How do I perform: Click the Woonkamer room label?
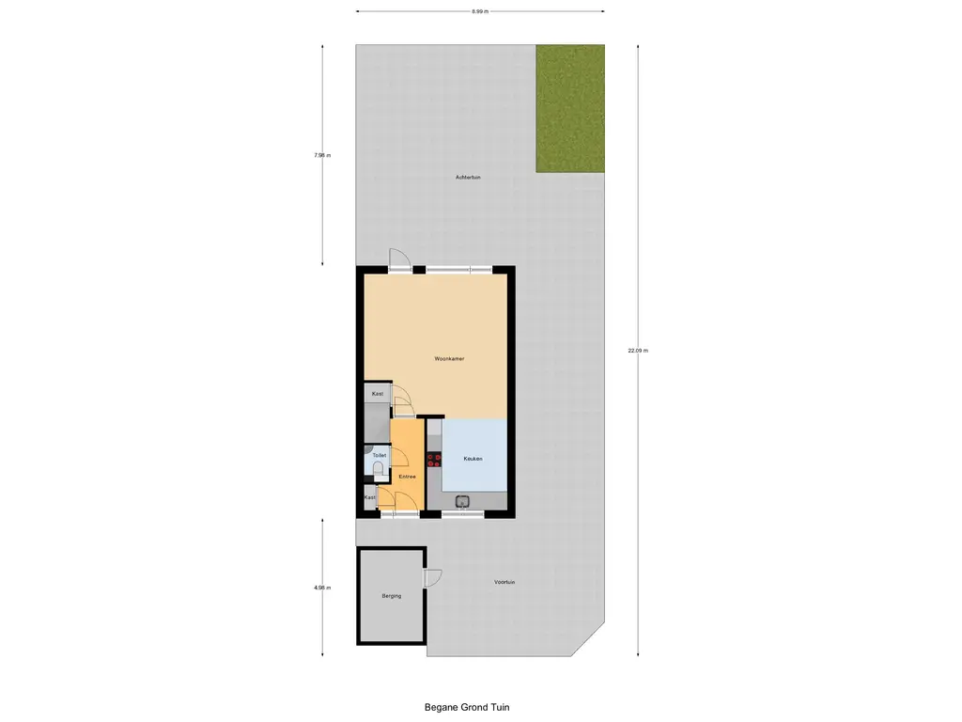(449, 358)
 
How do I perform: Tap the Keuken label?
(473, 459)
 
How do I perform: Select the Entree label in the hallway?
(407, 477)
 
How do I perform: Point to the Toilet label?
(379, 455)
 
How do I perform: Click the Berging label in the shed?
(391, 596)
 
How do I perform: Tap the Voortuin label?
(504, 582)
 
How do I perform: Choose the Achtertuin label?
(468, 177)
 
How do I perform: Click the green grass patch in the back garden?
(569, 108)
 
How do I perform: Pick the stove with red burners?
(433, 459)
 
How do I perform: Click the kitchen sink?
(463, 501)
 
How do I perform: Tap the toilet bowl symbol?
(378, 466)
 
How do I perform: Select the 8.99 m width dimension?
(479, 11)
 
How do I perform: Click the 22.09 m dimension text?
(639, 351)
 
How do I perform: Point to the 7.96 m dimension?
(322, 155)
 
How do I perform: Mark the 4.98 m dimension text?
(322, 588)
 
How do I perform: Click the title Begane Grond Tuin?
(466, 707)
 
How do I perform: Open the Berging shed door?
(432, 578)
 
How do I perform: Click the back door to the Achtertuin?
(398, 260)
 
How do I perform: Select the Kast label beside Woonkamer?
(378, 394)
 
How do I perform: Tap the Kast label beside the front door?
(370, 496)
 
